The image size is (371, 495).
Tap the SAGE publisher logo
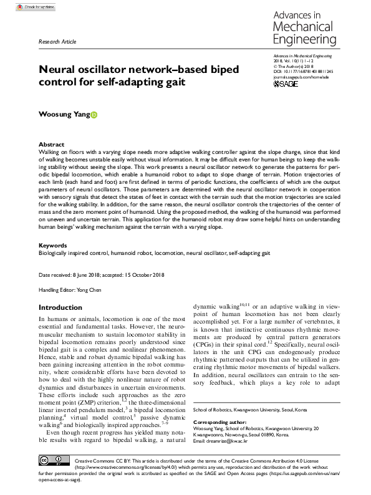point(286,84)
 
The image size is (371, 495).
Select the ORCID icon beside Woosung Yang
point(95,115)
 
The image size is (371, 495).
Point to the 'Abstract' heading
point(51,143)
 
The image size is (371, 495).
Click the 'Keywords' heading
point(52,246)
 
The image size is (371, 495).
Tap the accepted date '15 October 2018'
point(149,275)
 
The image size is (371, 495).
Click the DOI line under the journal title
point(299,72)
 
